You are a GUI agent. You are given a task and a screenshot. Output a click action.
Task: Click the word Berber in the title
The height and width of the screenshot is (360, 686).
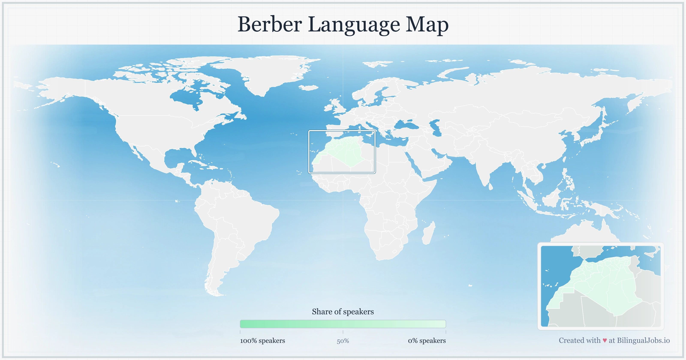click(269, 24)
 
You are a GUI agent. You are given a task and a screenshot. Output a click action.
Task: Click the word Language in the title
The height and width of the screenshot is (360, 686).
click(354, 24)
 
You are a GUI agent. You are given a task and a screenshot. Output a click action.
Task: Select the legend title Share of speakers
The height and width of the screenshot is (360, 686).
click(343, 312)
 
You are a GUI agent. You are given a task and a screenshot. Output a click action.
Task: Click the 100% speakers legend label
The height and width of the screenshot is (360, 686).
click(262, 340)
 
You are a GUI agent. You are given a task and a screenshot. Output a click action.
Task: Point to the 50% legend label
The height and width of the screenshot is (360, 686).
click(343, 341)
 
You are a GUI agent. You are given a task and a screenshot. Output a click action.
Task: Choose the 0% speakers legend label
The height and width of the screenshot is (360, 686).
click(427, 340)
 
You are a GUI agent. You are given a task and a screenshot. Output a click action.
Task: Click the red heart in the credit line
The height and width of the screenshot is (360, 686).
click(605, 340)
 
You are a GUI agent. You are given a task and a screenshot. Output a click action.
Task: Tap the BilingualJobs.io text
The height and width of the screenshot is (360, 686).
click(643, 340)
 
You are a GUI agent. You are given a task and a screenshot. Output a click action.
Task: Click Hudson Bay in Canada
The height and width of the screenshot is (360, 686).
click(187, 97)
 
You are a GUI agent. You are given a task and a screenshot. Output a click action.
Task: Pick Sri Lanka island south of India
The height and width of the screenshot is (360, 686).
click(490, 186)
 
